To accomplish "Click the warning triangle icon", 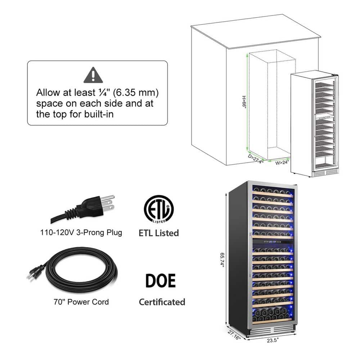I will (93, 75).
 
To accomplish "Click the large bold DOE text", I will (160, 281).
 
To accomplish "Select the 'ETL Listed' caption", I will (159, 233).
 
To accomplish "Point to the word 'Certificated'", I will (162, 302).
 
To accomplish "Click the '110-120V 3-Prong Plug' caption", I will (81, 233).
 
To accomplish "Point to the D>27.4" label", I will (256, 159).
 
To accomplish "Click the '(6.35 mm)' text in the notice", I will (136, 93).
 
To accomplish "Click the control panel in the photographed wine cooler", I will (273, 243).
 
